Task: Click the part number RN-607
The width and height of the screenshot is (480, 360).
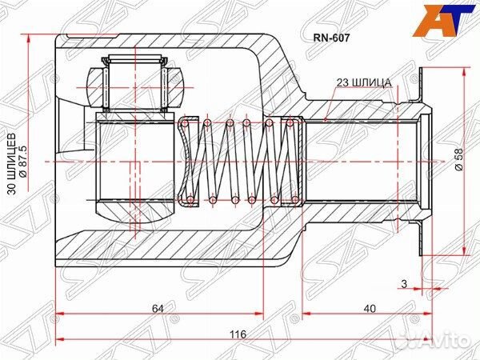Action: tap(331, 38)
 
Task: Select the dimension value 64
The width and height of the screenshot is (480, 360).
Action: tap(158, 309)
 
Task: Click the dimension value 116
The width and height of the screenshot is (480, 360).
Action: tap(238, 334)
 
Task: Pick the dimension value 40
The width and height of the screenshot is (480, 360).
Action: tap(370, 309)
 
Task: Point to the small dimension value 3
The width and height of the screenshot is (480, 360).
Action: tap(404, 284)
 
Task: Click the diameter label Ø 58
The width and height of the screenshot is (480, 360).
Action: tap(458, 160)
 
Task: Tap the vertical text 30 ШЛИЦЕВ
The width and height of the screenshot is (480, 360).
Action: tap(12, 164)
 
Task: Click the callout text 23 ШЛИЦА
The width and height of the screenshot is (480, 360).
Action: tap(364, 82)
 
